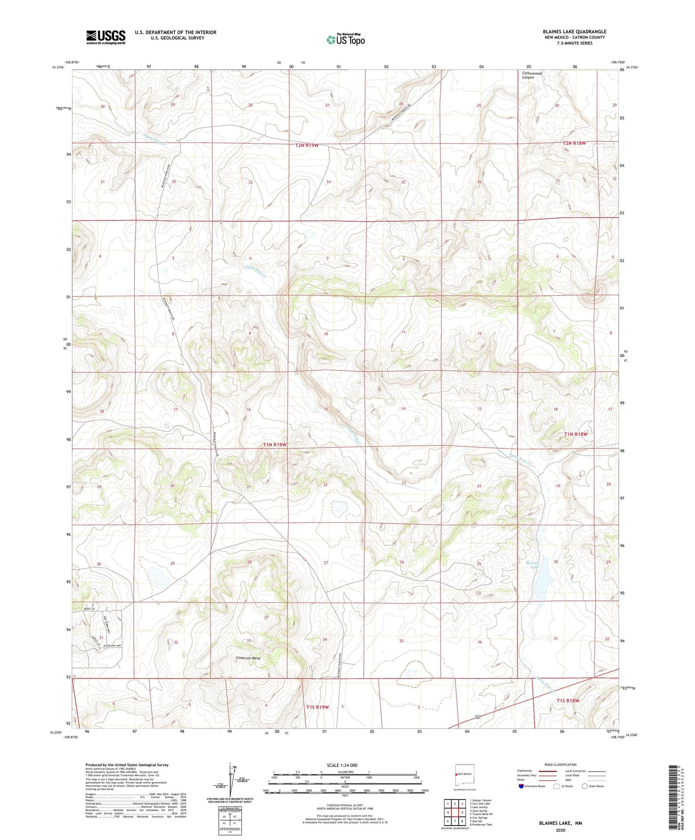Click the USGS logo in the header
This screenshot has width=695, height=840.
click(106, 37)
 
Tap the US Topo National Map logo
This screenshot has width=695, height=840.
click(345, 39)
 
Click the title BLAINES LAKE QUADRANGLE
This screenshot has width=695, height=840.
click(574, 31)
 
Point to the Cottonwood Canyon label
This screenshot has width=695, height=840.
click(531, 75)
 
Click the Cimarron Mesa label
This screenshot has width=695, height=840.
click(248, 658)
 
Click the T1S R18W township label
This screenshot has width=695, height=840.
click(568, 700)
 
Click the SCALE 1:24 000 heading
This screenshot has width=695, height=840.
click(342, 765)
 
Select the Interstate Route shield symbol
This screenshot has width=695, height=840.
click(521, 786)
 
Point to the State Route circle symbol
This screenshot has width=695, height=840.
click(585, 786)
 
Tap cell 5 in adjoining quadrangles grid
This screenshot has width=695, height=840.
click(461, 813)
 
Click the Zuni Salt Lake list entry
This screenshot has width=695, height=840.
click(480, 803)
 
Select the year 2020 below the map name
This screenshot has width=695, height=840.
click(560, 830)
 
